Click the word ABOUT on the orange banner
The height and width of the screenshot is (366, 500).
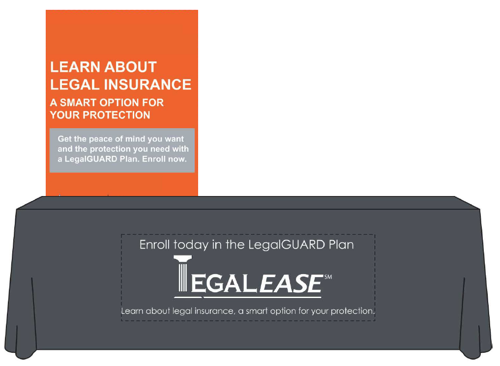click(131, 67)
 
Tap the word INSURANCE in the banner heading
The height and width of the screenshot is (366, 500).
click(148, 84)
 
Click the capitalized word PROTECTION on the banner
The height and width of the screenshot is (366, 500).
click(117, 115)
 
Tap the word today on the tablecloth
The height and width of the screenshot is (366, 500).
click(191, 245)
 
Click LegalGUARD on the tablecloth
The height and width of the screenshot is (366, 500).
click(285, 245)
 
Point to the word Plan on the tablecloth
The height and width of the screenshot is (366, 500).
click(341, 245)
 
